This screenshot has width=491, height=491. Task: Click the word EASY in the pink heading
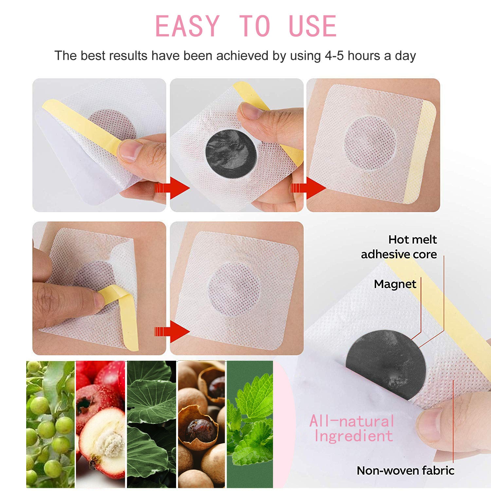[187, 26]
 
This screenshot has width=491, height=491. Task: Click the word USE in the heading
[313, 26]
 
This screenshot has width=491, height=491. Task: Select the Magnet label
[395, 284]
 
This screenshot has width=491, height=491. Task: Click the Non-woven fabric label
[406, 470]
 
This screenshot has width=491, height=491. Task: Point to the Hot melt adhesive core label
[399, 247]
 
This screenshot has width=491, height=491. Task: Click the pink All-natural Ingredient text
[352, 428]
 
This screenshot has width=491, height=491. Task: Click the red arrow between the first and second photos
[172, 188]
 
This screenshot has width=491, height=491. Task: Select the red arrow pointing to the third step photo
[308, 188]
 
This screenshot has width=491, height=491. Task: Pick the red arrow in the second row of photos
[172, 331]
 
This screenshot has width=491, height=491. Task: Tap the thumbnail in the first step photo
[130, 151]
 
